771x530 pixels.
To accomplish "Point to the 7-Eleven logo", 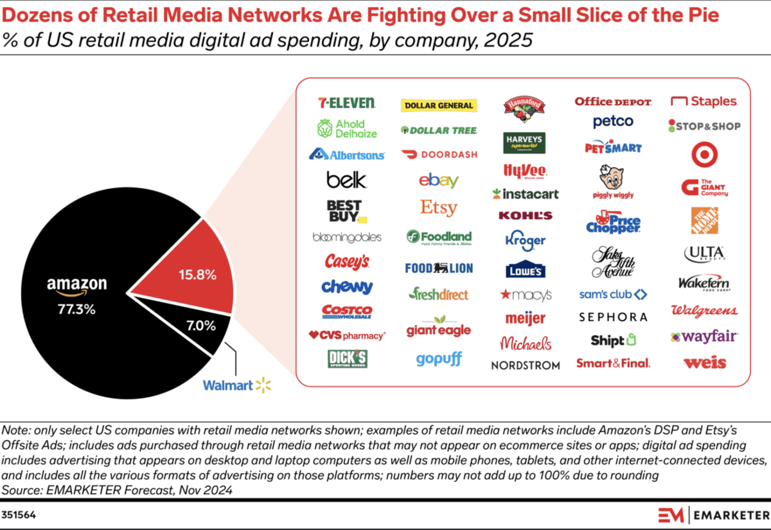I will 346,103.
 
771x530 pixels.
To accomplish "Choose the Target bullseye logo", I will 704,155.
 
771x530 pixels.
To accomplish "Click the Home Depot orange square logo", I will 704,220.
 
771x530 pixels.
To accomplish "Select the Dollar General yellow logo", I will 438,105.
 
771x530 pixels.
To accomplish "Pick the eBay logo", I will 438,181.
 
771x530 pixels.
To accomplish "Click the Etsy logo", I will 438,208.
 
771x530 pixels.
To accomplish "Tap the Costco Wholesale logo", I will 346,312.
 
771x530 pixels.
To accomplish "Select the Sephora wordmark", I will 612,317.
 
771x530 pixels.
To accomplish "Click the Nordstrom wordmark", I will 525,365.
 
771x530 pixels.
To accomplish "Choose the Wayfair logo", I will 704,336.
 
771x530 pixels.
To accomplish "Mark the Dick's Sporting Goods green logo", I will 346,358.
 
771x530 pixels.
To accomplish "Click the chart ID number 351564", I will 19,514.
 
